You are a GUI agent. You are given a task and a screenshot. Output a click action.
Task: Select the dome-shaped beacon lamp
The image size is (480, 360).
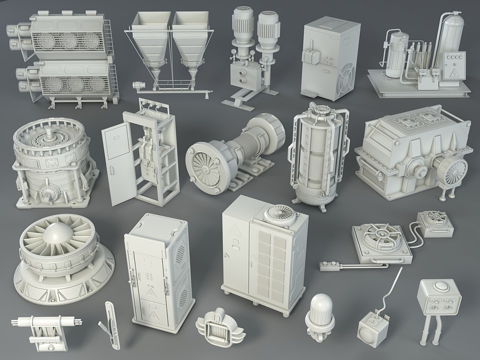point(319,306)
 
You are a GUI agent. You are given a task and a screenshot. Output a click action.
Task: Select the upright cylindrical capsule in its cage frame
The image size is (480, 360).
point(315,155)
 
